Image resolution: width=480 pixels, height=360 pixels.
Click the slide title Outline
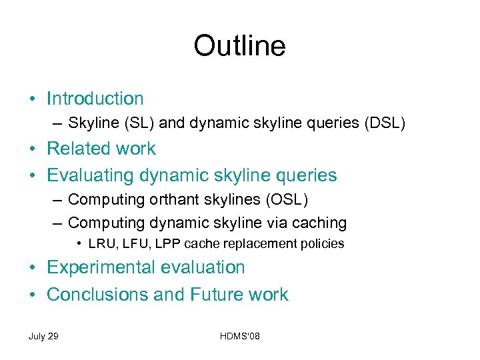[x=239, y=46]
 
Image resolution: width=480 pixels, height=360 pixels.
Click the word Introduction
[x=95, y=99]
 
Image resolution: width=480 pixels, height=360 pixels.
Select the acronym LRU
[x=103, y=244]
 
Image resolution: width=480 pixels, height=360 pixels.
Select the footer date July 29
[x=43, y=336]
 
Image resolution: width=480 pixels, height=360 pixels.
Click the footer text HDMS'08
[x=239, y=336]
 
